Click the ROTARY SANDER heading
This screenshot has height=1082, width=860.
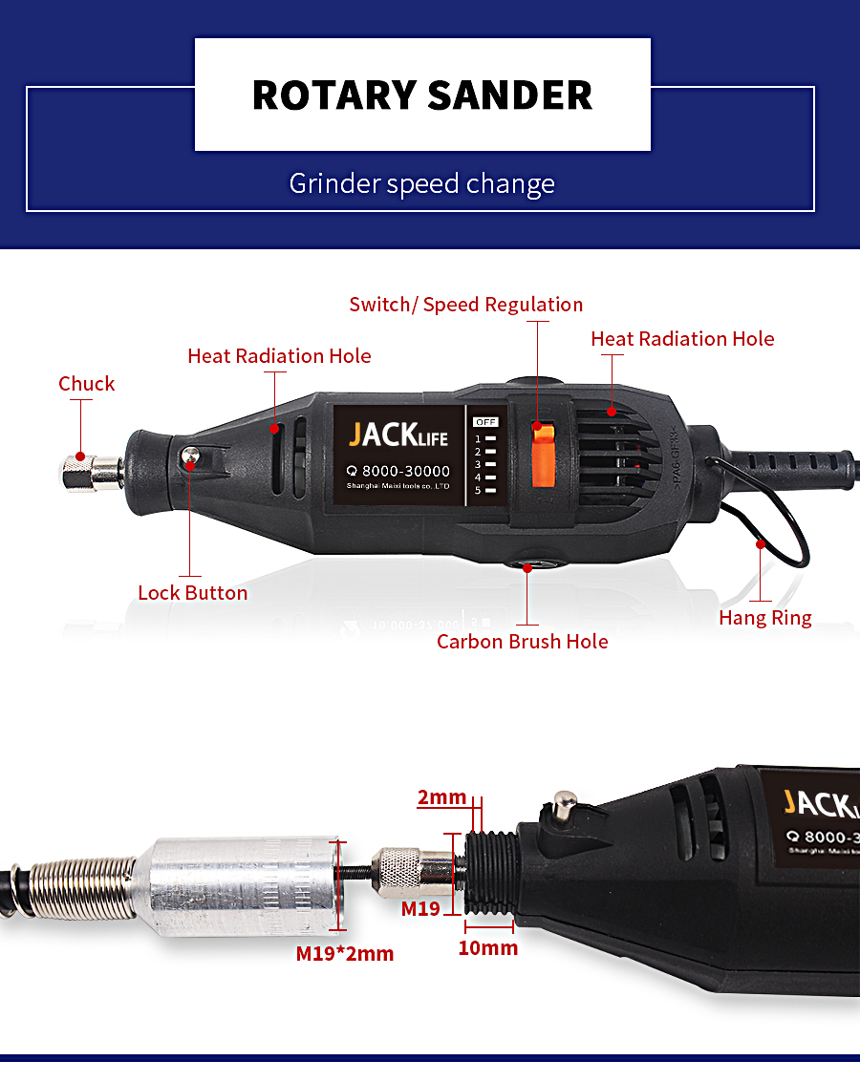[422, 95]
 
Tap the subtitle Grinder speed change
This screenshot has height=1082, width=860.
[422, 182]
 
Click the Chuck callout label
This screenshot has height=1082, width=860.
[86, 384]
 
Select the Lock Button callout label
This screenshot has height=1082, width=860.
[192, 593]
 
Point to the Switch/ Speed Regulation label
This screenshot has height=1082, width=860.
[465, 305]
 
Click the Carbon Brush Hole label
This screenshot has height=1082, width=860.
[522, 642]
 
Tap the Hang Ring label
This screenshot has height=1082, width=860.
[764, 618]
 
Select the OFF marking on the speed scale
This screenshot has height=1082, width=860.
[486, 421]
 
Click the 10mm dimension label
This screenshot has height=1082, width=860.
[487, 948]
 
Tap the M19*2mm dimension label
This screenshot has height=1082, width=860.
[344, 954]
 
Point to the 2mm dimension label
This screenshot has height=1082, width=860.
[441, 798]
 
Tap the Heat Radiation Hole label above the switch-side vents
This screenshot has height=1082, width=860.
[682, 339]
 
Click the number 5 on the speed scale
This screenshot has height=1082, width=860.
[478, 489]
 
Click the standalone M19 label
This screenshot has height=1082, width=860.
[420, 908]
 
